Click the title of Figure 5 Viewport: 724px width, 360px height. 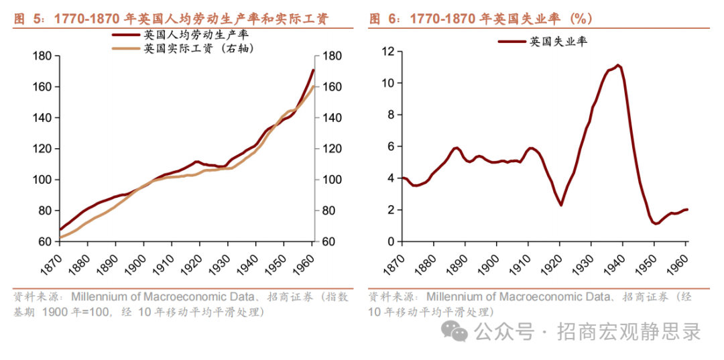tap(172, 19)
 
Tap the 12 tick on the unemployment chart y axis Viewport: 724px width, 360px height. tap(387, 51)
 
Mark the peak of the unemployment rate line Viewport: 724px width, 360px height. tap(618, 65)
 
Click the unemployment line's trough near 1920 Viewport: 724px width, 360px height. tap(561, 204)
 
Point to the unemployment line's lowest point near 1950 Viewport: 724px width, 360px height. tap(656, 223)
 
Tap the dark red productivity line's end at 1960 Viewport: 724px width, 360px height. tap(313, 70)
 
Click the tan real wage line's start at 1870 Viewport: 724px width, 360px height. tap(60, 237)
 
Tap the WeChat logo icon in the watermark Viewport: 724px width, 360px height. tap(459, 331)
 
